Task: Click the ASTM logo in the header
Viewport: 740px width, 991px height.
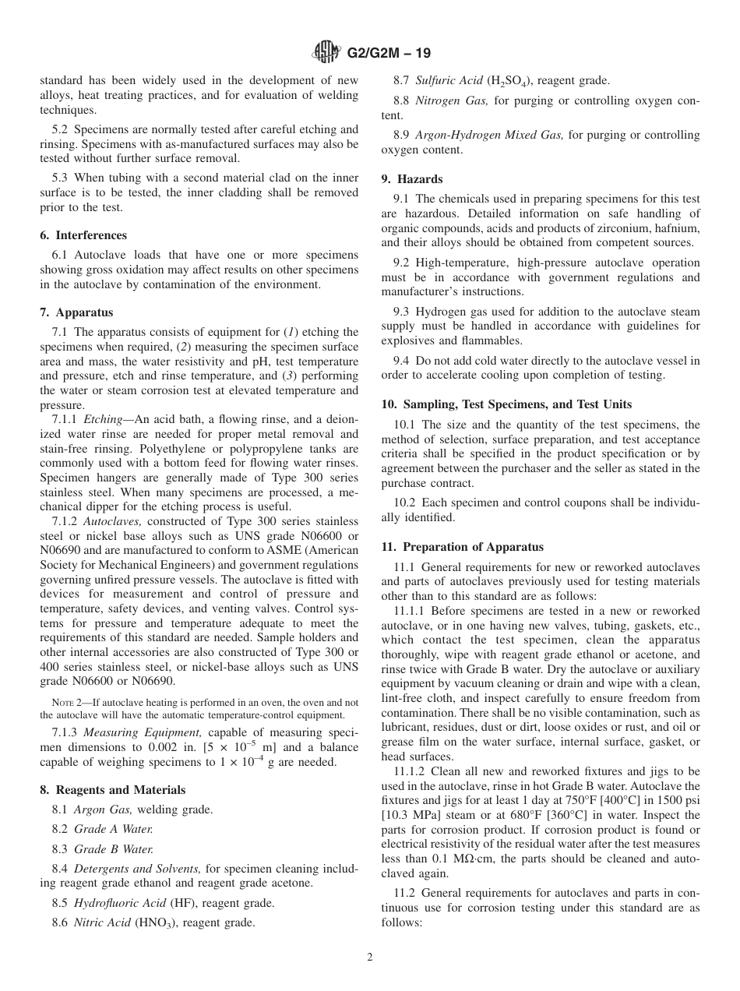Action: tap(326, 53)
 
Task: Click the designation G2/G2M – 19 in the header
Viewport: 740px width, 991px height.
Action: tap(386, 54)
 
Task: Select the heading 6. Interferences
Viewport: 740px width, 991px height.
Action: tap(83, 235)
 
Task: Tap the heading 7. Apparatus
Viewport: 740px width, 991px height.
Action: tap(76, 312)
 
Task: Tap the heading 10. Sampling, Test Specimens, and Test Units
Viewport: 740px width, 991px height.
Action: tap(506, 404)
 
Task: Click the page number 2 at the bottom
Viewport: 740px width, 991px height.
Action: tap(370, 958)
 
